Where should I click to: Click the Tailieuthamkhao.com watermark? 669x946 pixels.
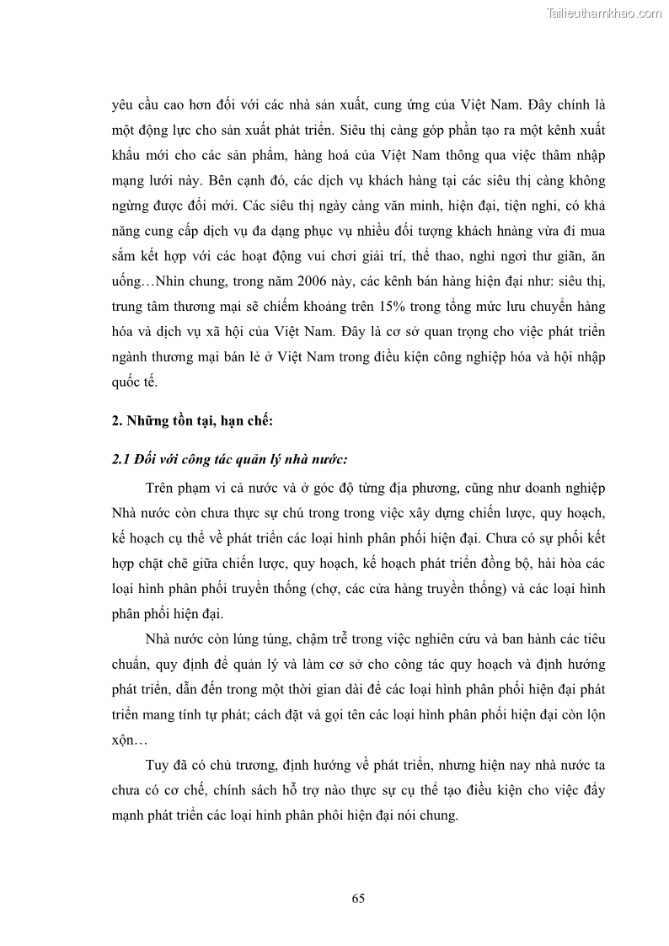pos(604,13)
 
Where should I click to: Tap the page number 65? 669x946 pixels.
pos(358,897)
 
